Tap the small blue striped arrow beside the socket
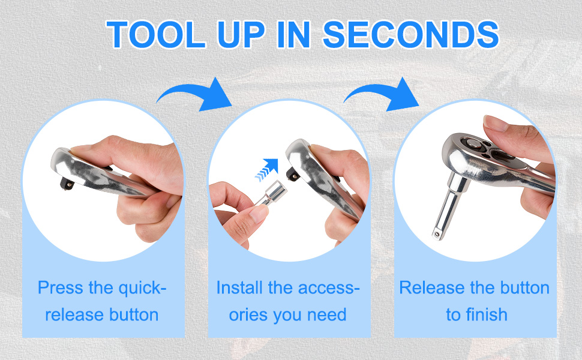[x=267, y=170]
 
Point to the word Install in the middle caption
[x=240, y=287]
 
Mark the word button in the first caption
[x=130, y=314]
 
